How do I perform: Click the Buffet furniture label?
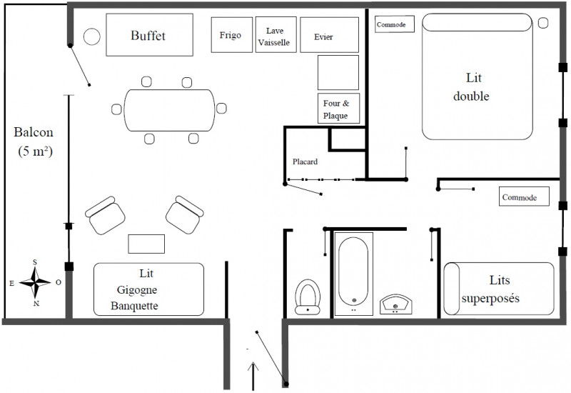(x=148, y=35)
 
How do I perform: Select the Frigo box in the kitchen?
(x=231, y=34)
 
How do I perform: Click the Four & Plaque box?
(x=338, y=109)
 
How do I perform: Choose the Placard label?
(x=305, y=161)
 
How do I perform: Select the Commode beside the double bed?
(x=395, y=25)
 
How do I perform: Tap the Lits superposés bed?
(x=499, y=289)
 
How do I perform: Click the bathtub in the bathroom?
(x=354, y=275)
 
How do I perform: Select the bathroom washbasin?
(x=395, y=304)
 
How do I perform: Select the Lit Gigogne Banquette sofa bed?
(x=149, y=289)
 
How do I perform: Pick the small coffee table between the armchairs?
(x=146, y=244)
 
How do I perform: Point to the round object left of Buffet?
(x=91, y=36)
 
